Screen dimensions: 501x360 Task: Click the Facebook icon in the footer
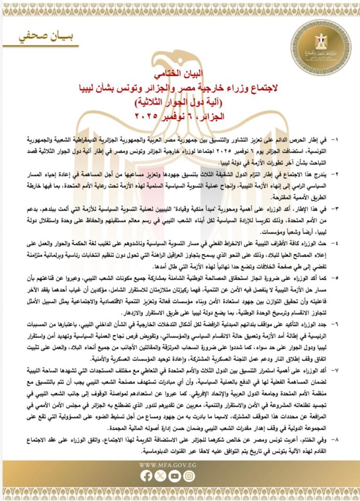(x=146, y=476)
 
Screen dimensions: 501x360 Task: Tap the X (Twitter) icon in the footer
(x=160, y=476)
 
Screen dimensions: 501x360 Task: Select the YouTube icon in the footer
(x=175, y=476)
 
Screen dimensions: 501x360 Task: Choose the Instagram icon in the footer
(x=189, y=476)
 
